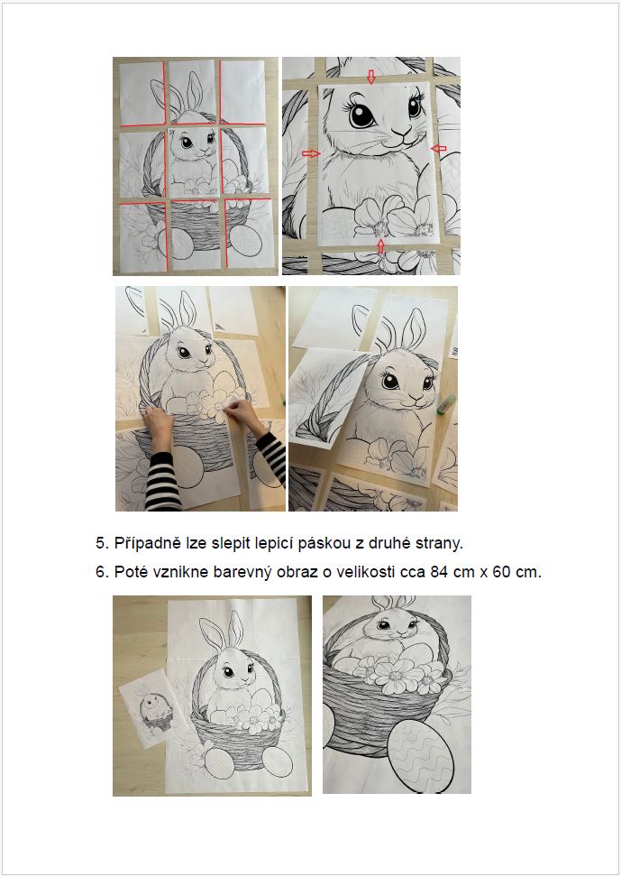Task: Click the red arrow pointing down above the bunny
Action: (370, 77)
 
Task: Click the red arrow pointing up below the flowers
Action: (380, 245)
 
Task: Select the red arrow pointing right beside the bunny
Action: (311, 153)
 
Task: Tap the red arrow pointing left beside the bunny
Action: (439, 149)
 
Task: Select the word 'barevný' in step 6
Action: (242, 573)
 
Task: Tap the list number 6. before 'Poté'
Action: (103, 573)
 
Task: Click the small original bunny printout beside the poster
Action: (147, 708)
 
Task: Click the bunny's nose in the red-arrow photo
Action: (400, 133)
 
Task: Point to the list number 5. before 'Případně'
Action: (103, 543)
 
